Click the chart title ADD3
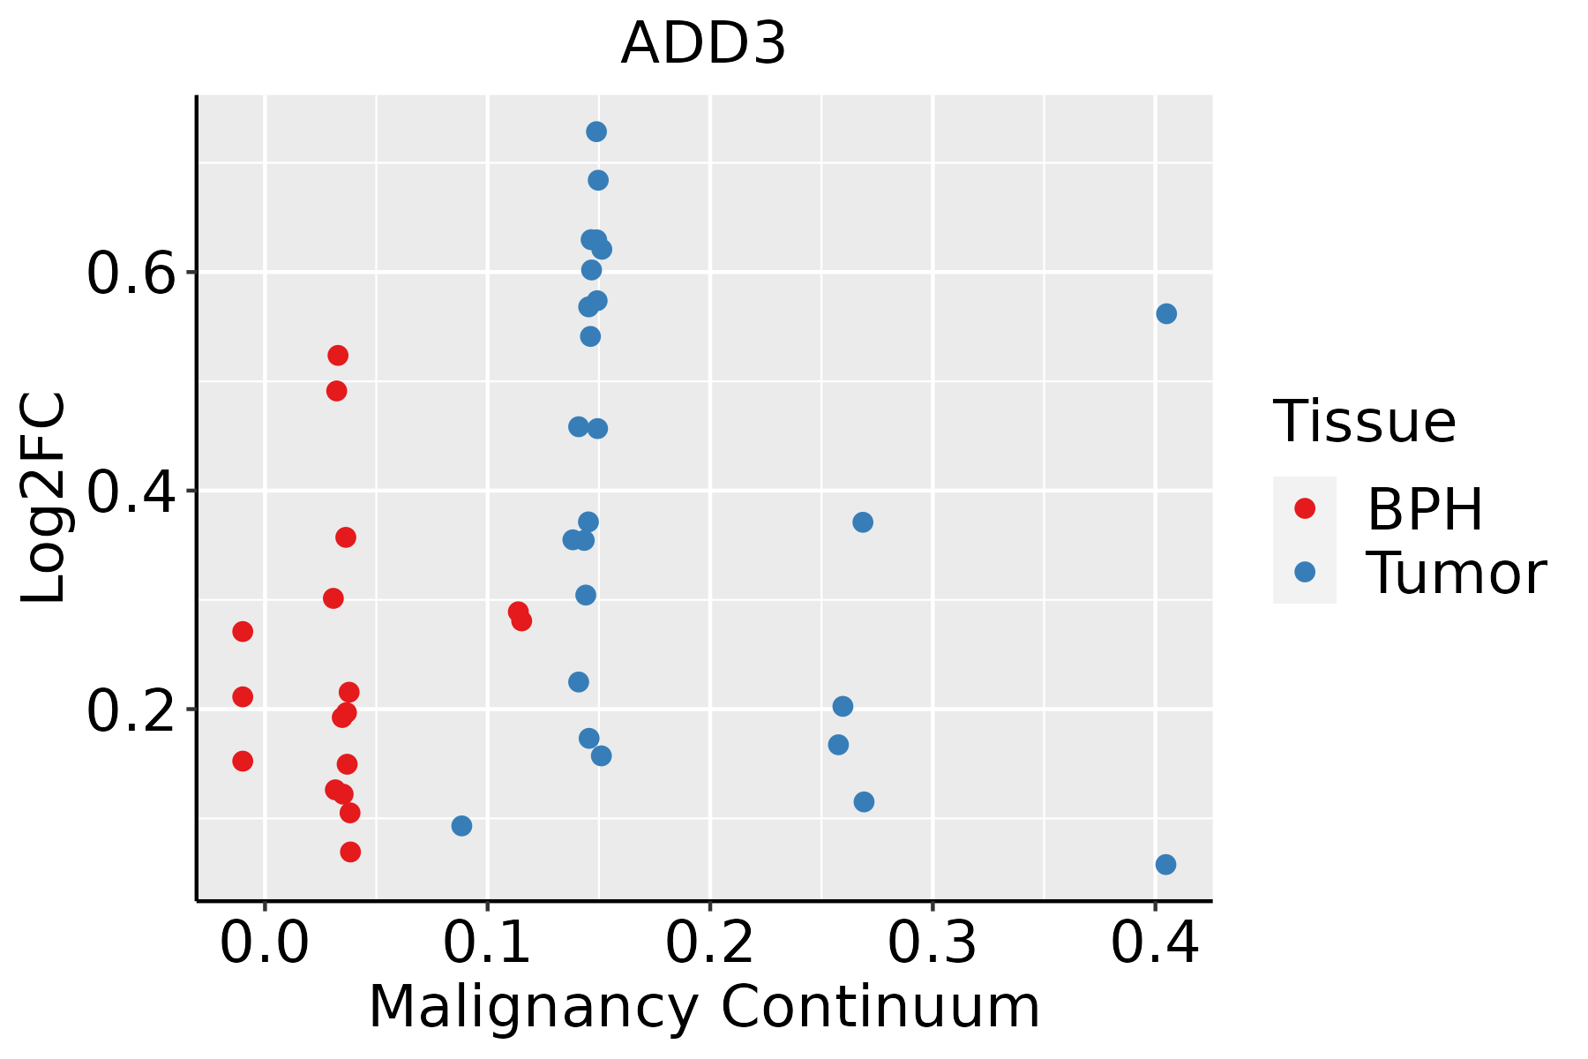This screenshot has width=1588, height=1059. pyautogui.click(x=703, y=44)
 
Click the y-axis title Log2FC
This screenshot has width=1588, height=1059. pyautogui.click(x=44, y=499)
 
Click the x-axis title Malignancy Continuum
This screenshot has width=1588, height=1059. pyautogui.click(x=703, y=1007)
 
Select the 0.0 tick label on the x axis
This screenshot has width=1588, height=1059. pyautogui.click(x=264, y=943)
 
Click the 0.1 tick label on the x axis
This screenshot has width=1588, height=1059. pyautogui.click(x=487, y=943)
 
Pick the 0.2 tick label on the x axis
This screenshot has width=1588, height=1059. pyautogui.click(x=709, y=943)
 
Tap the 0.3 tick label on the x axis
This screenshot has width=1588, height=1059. pyautogui.click(x=932, y=943)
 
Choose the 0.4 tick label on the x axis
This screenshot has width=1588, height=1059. pyautogui.click(x=1154, y=943)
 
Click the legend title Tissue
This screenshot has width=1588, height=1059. pyautogui.click(x=1365, y=422)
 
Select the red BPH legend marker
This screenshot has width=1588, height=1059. pyautogui.click(x=1304, y=508)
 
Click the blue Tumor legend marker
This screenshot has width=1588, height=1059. pyautogui.click(x=1304, y=572)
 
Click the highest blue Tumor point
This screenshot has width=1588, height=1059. pyautogui.click(x=596, y=132)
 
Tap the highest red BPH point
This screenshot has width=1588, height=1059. pyautogui.click(x=338, y=356)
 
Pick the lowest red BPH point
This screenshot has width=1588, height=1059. pyautogui.click(x=350, y=852)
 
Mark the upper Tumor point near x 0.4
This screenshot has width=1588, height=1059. pyautogui.click(x=1166, y=314)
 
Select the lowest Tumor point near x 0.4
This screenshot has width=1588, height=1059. pyautogui.click(x=1165, y=864)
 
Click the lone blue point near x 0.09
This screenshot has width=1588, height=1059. pyautogui.click(x=461, y=826)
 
